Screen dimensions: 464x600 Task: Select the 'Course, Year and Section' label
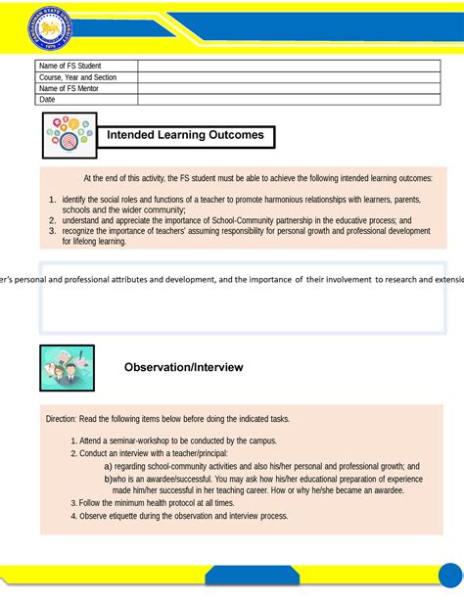pyautogui.click(x=77, y=77)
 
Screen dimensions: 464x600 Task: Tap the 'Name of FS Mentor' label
pyautogui.click(x=69, y=88)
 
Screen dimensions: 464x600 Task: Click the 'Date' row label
pyautogui.click(x=47, y=100)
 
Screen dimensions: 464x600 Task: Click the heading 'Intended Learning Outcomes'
pyautogui.click(x=185, y=135)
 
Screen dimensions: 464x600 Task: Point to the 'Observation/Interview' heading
pyautogui.click(x=183, y=367)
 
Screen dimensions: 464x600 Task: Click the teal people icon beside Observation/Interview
pyautogui.click(x=68, y=367)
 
